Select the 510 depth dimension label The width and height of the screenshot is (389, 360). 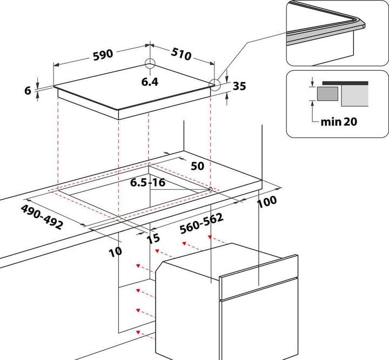[x=182, y=54]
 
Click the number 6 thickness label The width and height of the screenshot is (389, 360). [x=28, y=90]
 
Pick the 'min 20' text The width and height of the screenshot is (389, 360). [x=339, y=122]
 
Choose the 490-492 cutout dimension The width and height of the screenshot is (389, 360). [x=42, y=217]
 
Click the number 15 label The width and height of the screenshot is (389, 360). [x=155, y=238]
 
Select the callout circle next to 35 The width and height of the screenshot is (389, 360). [x=216, y=84]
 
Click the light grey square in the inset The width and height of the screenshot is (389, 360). [x=354, y=96]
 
